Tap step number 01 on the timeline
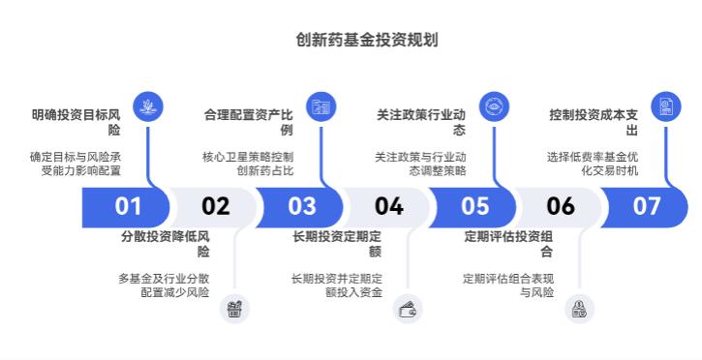[x=128, y=206]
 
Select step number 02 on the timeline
[x=215, y=206]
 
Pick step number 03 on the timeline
[x=302, y=206]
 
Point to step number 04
[x=388, y=206]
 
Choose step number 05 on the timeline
[x=474, y=206]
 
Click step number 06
[x=561, y=206]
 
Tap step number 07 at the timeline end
[x=646, y=206]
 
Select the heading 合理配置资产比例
[x=249, y=122]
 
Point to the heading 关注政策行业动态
[x=421, y=122]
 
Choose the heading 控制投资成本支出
[x=594, y=122]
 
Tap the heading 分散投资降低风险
[x=165, y=243]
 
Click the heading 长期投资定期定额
[x=337, y=243]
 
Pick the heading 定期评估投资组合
[x=509, y=243]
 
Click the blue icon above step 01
[x=148, y=105]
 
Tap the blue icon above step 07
[x=666, y=105]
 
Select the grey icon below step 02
[x=234, y=309]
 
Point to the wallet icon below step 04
[x=408, y=309]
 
